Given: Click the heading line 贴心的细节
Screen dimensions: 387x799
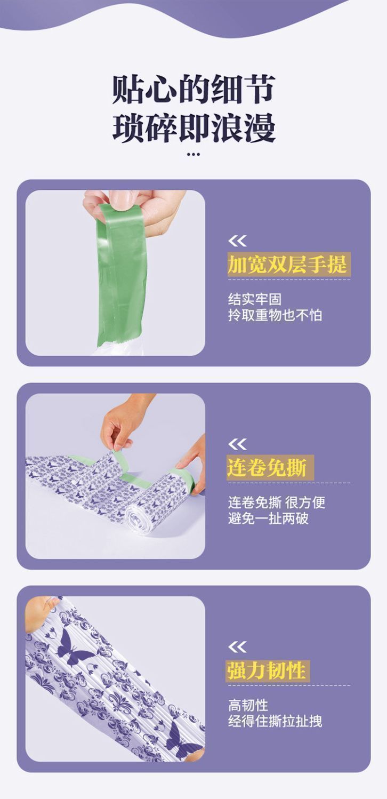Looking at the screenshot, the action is tap(193, 89).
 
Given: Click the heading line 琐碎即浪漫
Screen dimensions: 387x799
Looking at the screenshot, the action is tap(193, 127).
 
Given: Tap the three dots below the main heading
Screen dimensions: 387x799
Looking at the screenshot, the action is tap(193, 155).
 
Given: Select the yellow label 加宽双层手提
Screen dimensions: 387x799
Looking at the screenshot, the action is tap(287, 265).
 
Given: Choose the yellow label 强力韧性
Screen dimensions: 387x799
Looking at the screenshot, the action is tap(267, 670).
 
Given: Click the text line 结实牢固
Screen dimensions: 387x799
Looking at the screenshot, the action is tap(254, 299).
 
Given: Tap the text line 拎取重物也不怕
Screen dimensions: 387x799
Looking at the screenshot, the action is tap(275, 315).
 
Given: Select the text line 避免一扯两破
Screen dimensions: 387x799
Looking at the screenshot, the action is tap(268, 518).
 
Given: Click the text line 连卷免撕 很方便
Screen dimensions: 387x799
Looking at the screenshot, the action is tap(277, 502).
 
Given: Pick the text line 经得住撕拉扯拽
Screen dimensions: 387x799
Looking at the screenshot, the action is tap(275, 721).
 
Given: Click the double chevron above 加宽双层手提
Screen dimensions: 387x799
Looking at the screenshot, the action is tap(237, 241).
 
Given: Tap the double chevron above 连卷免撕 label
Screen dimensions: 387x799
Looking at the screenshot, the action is tap(237, 444).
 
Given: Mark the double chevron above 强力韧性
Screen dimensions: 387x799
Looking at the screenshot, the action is tap(237, 647).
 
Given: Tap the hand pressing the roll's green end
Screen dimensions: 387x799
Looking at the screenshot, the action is tap(192, 464).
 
